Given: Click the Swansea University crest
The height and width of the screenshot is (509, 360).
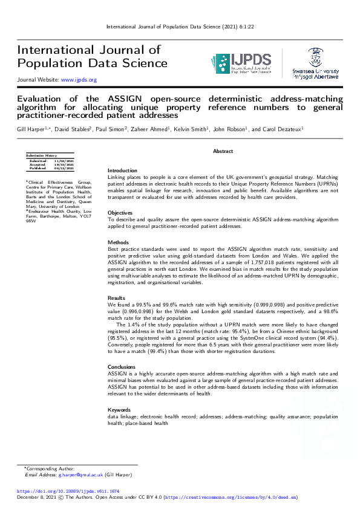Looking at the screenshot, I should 315,57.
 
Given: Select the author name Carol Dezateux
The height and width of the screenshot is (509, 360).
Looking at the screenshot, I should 283,129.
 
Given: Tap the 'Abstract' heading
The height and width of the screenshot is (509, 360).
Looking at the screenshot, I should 223,151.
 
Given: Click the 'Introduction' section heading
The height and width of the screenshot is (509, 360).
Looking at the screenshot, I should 122,170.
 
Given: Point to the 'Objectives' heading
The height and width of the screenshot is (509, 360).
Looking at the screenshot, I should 120,213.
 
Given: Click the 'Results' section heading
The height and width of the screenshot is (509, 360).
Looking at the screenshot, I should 116,298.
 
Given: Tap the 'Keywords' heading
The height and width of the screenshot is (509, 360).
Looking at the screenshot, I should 119,410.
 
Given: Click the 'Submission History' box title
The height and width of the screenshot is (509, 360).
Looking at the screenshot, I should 41,155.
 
